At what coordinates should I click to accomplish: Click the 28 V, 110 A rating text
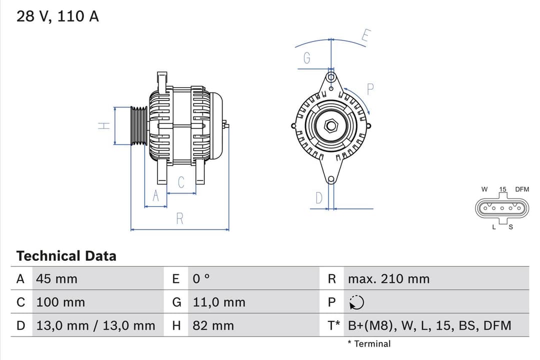(x=57, y=16)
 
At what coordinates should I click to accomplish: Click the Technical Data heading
(x=66, y=256)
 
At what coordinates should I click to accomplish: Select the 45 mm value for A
(x=56, y=278)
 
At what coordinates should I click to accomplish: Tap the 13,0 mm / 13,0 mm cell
(x=95, y=325)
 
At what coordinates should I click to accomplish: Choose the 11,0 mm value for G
(x=219, y=302)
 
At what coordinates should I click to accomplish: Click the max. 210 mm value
(x=388, y=278)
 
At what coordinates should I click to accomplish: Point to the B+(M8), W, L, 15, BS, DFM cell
(x=429, y=325)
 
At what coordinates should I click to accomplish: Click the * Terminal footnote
(x=369, y=343)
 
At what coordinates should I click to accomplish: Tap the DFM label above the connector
(x=522, y=189)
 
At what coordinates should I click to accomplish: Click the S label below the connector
(x=510, y=227)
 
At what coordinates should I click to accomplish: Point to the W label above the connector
(x=484, y=189)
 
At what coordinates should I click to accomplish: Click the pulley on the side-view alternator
(x=138, y=126)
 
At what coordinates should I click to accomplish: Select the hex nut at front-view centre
(x=331, y=126)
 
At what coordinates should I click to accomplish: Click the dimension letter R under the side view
(x=179, y=218)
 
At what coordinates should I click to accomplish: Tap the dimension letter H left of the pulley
(x=104, y=126)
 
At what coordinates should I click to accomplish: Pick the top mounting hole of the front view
(x=330, y=77)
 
